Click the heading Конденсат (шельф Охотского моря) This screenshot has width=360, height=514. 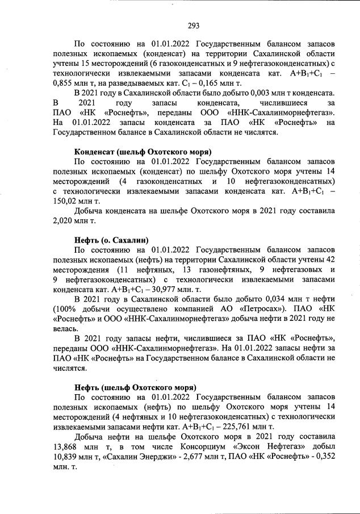143,152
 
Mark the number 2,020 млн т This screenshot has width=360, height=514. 64,220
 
